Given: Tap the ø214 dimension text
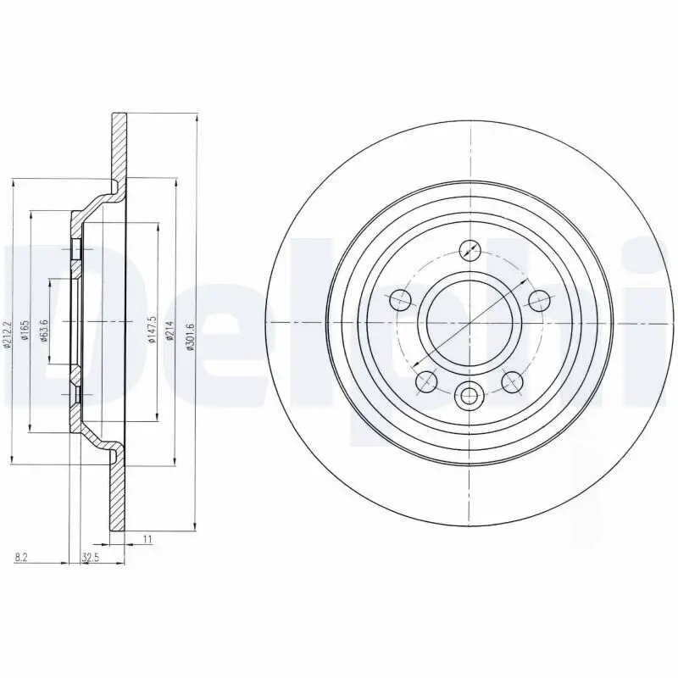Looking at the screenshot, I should [169, 326].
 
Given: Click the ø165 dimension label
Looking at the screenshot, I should [25, 326].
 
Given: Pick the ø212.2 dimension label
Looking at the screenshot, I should [8, 327].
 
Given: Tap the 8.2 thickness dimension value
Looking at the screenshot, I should [21, 556].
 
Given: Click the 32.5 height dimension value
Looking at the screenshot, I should [89, 556].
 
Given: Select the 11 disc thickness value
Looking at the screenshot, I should [147, 539].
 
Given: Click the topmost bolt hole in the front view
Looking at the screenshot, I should [470, 250].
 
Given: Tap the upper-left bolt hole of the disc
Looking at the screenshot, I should [400, 299].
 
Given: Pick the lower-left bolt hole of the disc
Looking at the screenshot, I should [426, 381].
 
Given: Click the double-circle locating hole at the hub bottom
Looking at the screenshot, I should [470, 393].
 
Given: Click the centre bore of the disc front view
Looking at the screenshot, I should [470, 323].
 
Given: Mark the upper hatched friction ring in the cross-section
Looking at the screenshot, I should [119, 144].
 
